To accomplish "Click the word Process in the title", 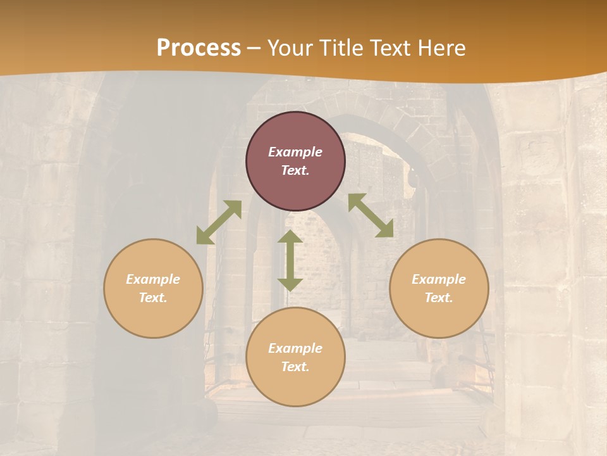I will pos(199,48).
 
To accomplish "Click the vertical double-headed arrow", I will pos(290,261).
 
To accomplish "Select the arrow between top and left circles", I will pos(219,222).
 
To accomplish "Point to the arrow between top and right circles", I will pos(371,215).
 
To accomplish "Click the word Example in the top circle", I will pos(295,152).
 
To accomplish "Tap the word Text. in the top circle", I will pos(295,170).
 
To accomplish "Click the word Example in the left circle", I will pos(153,279).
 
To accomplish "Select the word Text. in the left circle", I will pos(153,298).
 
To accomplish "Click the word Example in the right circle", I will pos(439,279).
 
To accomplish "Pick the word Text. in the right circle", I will pos(439,298).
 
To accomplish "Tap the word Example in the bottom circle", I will pos(295,348).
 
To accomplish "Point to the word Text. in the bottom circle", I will pos(295,367).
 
